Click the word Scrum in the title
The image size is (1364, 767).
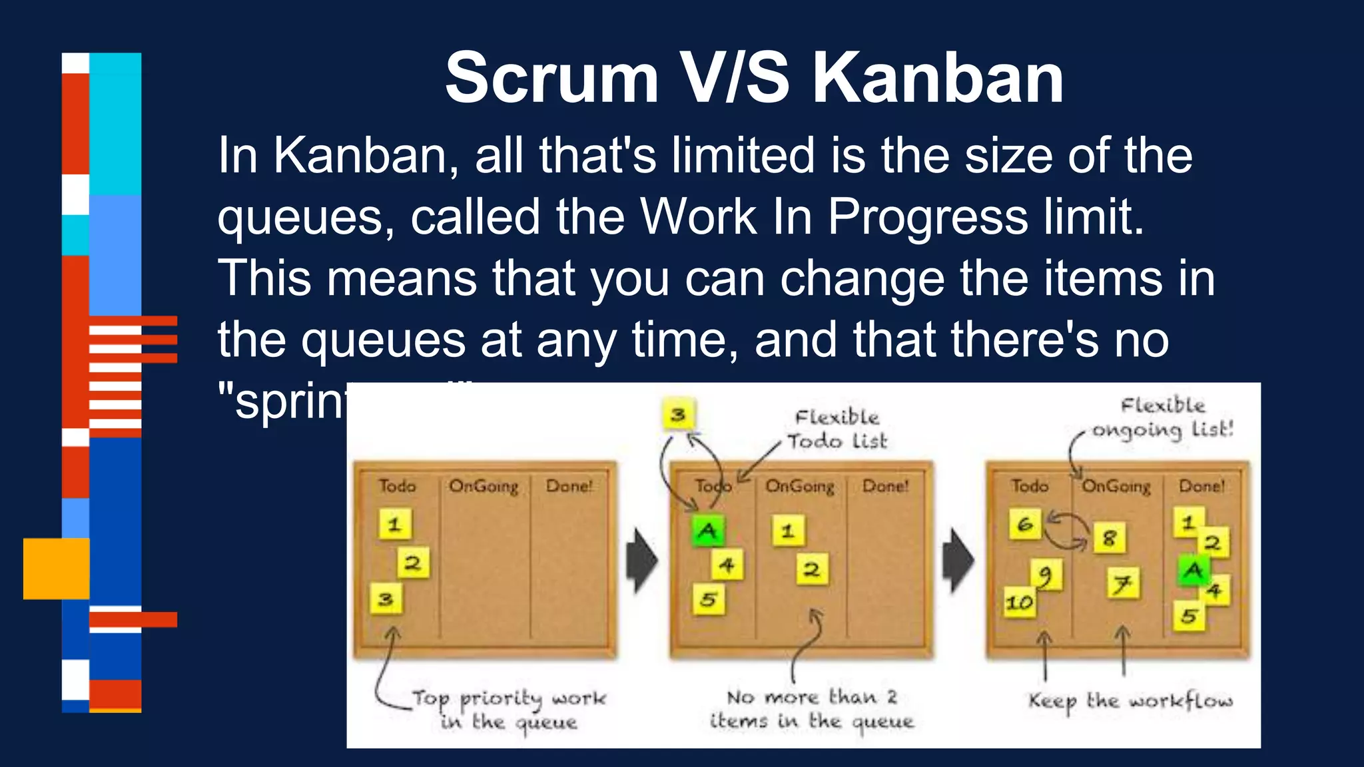pyautogui.click(x=551, y=79)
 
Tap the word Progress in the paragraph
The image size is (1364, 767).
pyautogui.click(x=928, y=217)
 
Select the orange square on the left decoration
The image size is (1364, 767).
pyautogui.click(x=56, y=569)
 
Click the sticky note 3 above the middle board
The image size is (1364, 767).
pyautogui.click(x=678, y=415)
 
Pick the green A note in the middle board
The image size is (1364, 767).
pyautogui.click(x=707, y=531)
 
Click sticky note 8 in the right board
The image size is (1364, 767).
pyautogui.click(x=1109, y=537)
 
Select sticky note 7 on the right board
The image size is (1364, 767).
pyautogui.click(x=1123, y=584)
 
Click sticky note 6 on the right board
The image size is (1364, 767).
pyautogui.click(x=1025, y=525)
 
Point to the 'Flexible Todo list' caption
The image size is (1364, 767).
pyautogui.click(x=837, y=429)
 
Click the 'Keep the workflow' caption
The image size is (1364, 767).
pyautogui.click(x=1130, y=700)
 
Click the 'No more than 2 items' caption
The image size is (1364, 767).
pyautogui.click(x=812, y=709)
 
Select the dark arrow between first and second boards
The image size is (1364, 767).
pyautogui.click(x=641, y=561)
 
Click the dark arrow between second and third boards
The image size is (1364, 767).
pyautogui.click(x=958, y=561)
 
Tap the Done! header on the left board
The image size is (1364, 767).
pyautogui.click(x=569, y=486)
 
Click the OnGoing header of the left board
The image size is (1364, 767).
pyautogui.click(x=484, y=486)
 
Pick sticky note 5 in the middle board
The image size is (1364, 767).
pyautogui.click(x=708, y=599)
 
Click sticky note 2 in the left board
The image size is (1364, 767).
pyautogui.click(x=413, y=563)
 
